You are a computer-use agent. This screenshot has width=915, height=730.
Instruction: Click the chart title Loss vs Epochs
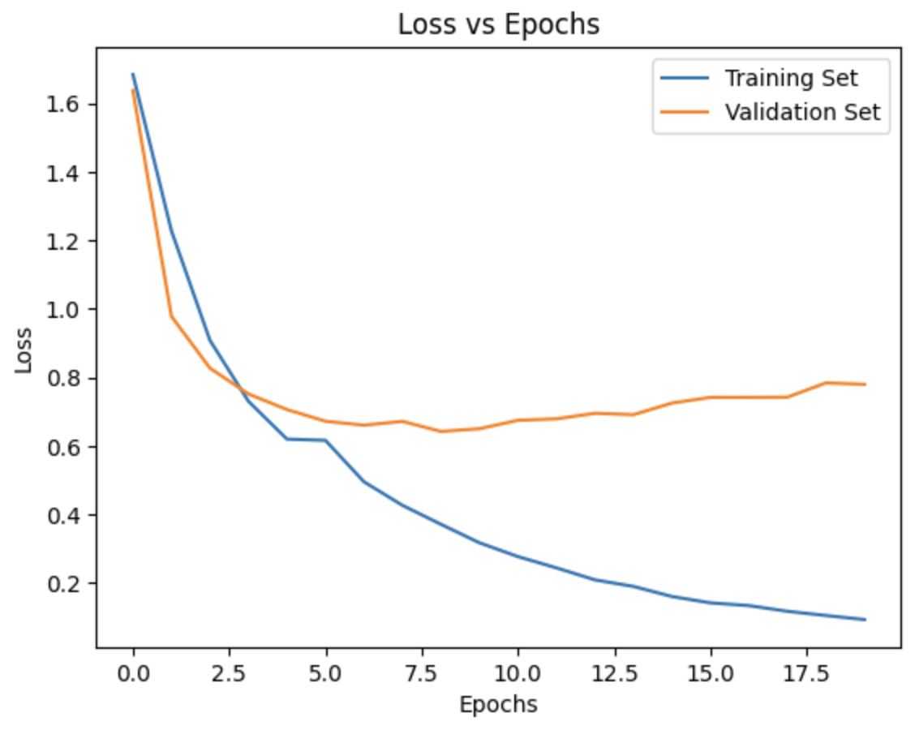pyautogui.click(x=498, y=25)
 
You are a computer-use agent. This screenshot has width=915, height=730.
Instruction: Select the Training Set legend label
pyautogui.click(x=791, y=79)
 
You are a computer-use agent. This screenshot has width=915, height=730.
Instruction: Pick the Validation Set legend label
pyautogui.click(x=802, y=112)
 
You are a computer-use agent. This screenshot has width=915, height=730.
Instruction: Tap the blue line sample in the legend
pyautogui.click(x=686, y=79)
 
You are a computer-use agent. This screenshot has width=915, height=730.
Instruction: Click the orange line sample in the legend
pyautogui.click(x=686, y=112)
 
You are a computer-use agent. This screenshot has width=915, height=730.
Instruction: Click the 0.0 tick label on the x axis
pyautogui.click(x=133, y=673)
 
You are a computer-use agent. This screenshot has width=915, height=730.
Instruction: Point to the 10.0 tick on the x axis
pyautogui.click(x=518, y=673)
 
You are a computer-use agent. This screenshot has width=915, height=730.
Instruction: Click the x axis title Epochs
pyautogui.click(x=498, y=705)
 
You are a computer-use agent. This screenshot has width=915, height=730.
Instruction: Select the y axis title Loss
pyautogui.click(x=24, y=350)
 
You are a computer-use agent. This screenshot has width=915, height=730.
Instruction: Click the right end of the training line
pyautogui.click(x=865, y=620)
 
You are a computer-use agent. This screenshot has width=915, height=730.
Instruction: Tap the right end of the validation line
pyautogui.click(x=865, y=384)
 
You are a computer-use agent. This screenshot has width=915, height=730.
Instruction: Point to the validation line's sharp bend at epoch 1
pyautogui.click(x=172, y=316)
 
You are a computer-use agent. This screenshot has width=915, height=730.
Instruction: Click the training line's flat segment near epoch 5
pyautogui.click(x=307, y=440)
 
